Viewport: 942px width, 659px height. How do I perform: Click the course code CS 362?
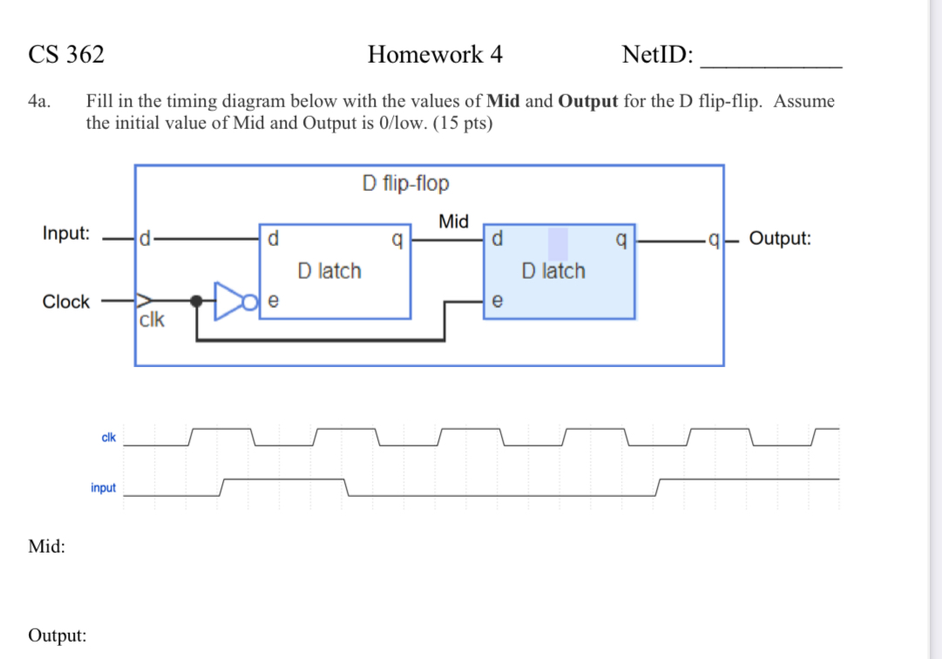coord(66,55)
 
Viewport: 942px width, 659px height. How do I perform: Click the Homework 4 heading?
coord(435,55)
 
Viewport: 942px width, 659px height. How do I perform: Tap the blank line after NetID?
coord(771,61)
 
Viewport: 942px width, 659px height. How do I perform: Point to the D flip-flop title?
coord(405,184)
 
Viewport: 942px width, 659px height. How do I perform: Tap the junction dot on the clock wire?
coord(198,301)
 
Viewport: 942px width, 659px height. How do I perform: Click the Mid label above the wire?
coord(453,221)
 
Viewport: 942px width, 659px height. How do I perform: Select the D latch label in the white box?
coord(329,271)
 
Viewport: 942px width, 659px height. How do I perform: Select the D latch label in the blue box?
coord(553,271)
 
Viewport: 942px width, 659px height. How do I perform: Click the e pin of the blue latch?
coord(497,302)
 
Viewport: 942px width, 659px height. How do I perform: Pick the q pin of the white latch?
coord(397,238)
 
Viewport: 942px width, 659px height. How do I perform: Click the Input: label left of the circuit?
coord(66,234)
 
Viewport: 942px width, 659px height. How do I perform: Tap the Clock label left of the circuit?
coord(66,302)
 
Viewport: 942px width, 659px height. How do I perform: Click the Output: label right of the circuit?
coord(780,238)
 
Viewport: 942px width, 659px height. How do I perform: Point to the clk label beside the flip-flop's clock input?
coord(151,319)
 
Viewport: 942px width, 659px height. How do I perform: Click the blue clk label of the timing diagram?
coord(109,438)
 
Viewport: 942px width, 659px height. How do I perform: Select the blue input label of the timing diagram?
coord(103,488)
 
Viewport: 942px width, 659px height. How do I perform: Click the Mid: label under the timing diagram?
coord(46,547)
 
